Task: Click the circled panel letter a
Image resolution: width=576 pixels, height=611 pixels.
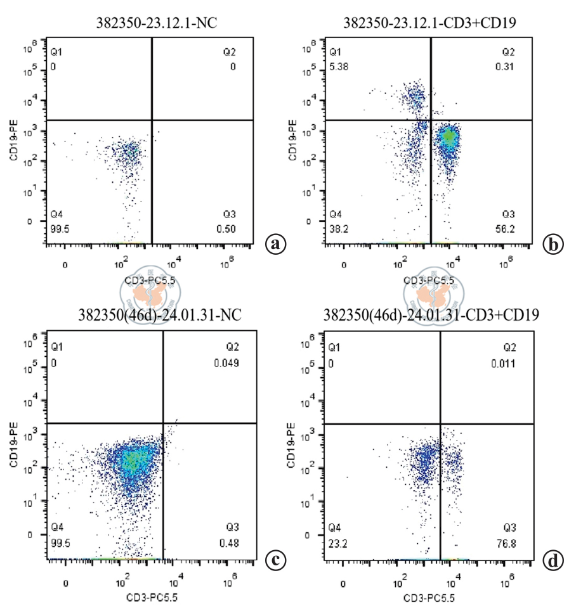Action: click(x=275, y=243)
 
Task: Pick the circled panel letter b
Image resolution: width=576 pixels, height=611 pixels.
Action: click(x=553, y=243)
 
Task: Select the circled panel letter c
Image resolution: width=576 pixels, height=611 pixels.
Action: click(x=275, y=560)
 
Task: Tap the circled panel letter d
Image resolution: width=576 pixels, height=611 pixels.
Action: click(x=553, y=560)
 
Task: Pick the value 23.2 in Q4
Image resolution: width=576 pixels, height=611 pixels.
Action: click(x=337, y=540)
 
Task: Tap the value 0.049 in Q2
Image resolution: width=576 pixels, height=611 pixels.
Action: click(x=226, y=364)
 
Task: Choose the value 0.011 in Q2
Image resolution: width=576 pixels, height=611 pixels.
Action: click(x=509, y=364)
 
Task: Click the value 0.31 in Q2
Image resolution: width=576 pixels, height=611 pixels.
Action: click(x=513, y=66)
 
